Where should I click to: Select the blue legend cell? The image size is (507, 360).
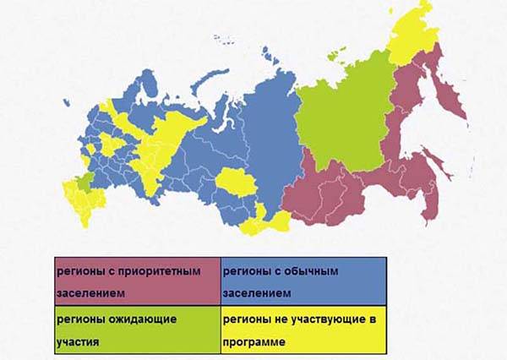303,282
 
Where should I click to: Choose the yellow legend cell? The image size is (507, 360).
303,331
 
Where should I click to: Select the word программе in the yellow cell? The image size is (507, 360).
256,343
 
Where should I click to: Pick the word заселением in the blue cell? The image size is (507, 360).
257,293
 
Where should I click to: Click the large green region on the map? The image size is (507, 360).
342,118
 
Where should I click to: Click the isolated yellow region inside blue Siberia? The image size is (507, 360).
231,183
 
